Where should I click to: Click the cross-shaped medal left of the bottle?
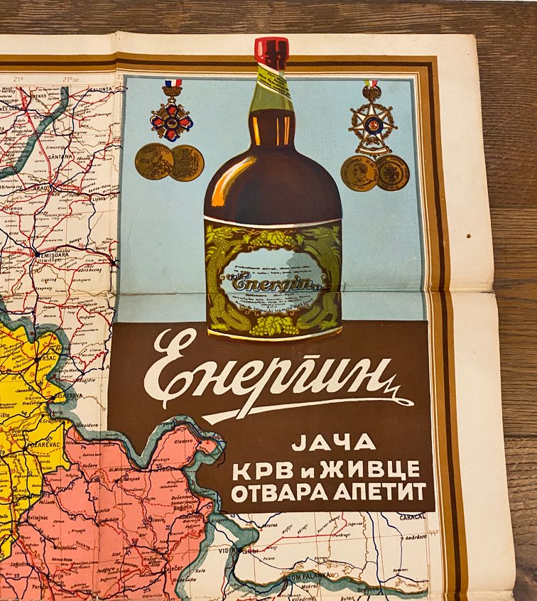coord(172,117)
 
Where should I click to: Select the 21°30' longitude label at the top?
coord(70,80)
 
